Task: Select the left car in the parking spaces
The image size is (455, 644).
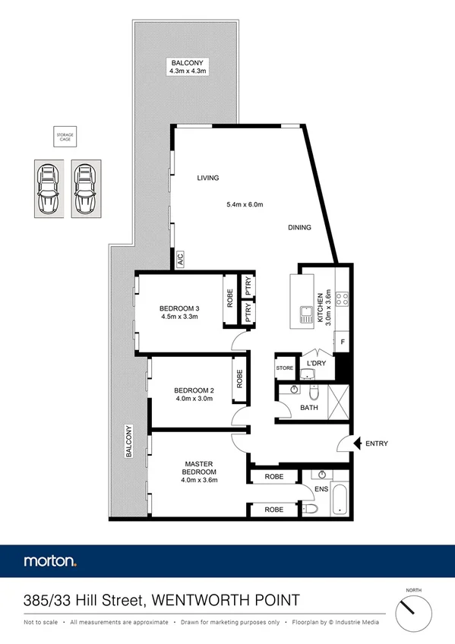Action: pos(47,188)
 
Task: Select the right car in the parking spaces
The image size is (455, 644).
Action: pos(85,188)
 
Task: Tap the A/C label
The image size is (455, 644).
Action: pos(180,259)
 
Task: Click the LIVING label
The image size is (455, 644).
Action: pos(207,178)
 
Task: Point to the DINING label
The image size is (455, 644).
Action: pos(299,227)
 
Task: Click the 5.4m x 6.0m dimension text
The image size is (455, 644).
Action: pos(245,204)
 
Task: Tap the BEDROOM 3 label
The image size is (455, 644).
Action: pos(179,308)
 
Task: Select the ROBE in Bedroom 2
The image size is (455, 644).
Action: pos(239,378)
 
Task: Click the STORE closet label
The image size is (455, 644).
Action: pos(284,368)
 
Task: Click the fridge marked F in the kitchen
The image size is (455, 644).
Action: pos(343,343)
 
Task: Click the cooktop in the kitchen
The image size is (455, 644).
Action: pos(343,298)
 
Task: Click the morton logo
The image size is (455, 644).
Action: pos(50,562)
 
